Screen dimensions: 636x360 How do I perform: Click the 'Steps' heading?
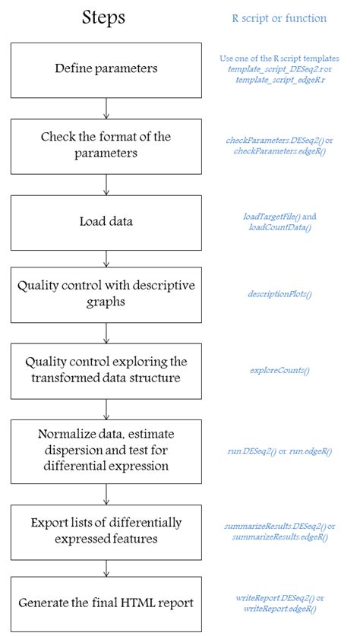pyautogui.click(x=105, y=17)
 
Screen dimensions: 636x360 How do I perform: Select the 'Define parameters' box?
pyautogui.click(x=106, y=70)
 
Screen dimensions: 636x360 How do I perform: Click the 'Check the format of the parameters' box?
pyautogui.click(x=106, y=145)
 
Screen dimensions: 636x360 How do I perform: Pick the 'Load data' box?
pyautogui.click(x=106, y=222)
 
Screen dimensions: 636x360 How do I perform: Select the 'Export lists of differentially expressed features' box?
pyautogui.click(x=106, y=530)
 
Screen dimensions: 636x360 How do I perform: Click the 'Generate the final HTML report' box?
pyautogui.click(x=106, y=603)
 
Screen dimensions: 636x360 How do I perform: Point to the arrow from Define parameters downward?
pyautogui.click(x=106, y=108)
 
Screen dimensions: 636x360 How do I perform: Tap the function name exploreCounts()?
pyautogui.click(x=279, y=370)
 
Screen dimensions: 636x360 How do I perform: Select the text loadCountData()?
pyautogui.click(x=279, y=227)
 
